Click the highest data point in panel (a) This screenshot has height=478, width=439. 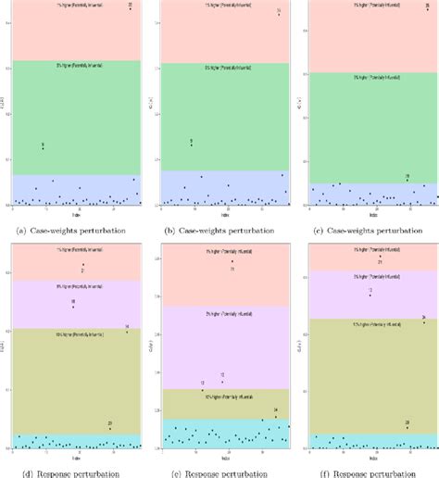130,8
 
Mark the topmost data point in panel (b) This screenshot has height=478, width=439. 279,15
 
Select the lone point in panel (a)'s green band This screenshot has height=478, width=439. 43,147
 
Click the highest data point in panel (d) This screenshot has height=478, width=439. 83,266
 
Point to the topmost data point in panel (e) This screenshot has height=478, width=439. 232,263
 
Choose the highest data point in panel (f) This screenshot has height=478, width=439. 380,256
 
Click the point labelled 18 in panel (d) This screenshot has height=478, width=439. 73,307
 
